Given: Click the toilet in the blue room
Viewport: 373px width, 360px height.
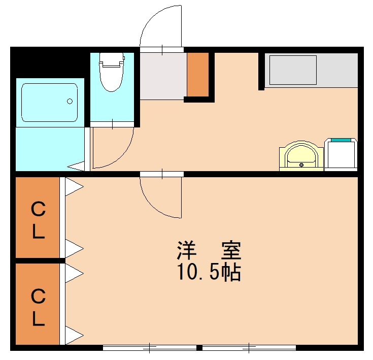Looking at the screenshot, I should [x=112, y=71].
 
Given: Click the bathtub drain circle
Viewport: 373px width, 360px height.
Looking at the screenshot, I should [x=70, y=101].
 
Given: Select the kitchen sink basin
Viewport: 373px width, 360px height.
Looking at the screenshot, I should [x=293, y=70].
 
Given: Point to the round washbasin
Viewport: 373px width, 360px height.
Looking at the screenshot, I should [x=301, y=155].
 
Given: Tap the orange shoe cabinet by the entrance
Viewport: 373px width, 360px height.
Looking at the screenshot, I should [x=198, y=74].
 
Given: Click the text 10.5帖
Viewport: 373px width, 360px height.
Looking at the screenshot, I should [x=209, y=273].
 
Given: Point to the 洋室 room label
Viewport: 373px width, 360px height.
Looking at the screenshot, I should [x=209, y=250].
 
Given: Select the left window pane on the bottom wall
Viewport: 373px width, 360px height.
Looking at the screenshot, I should [x=150, y=348].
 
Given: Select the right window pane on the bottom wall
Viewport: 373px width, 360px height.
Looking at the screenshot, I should [x=249, y=348].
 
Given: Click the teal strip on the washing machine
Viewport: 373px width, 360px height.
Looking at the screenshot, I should [x=341, y=139].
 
